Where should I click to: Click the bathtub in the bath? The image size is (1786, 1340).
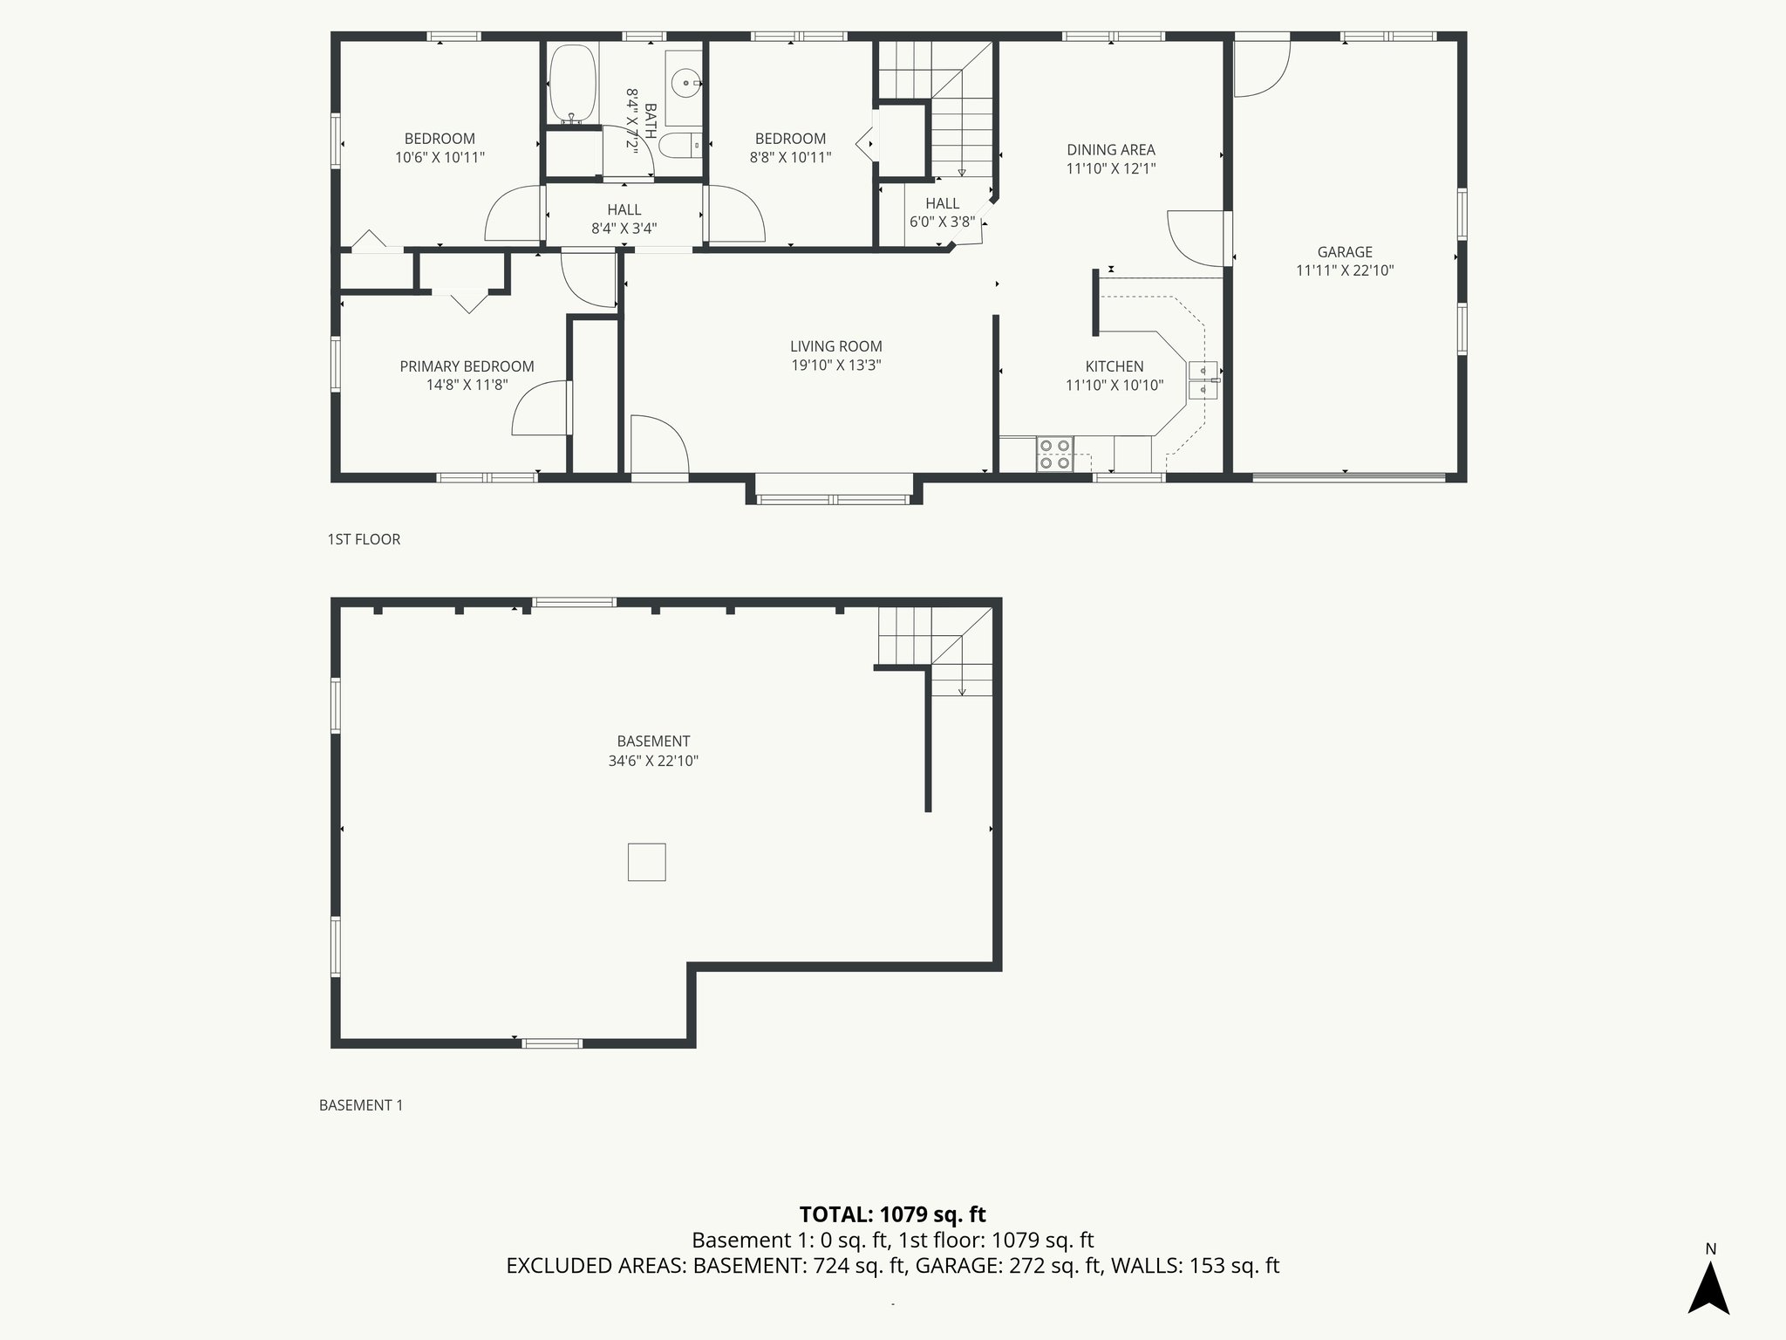point(573,84)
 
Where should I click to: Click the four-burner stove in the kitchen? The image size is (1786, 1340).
point(1054,455)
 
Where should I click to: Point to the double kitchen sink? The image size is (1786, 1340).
point(1203,379)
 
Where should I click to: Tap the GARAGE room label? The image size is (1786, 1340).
point(1345,252)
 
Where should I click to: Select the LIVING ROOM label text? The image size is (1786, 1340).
point(835,346)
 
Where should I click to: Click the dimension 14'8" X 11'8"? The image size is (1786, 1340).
point(467,385)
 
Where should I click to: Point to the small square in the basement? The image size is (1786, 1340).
point(646,862)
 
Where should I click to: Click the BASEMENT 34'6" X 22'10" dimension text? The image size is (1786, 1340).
point(653,761)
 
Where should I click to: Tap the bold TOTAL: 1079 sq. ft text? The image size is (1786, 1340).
point(892,1214)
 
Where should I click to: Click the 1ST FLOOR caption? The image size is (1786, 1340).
point(364,539)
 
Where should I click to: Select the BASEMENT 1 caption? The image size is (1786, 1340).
point(361,1105)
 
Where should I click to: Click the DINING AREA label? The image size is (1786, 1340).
point(1110,149)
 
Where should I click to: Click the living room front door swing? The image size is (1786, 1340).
point(658,447)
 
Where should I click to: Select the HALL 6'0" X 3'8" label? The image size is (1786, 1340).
point(942,213)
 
